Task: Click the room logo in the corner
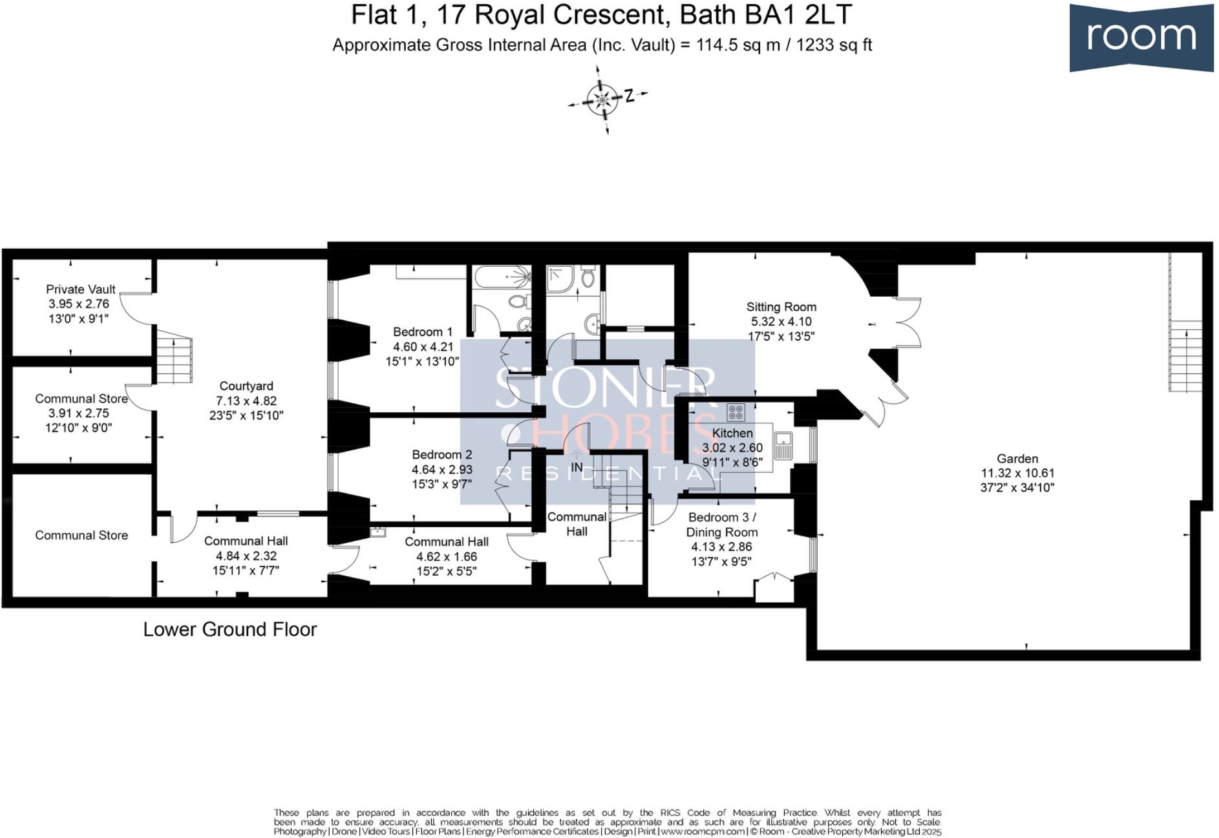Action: point(1141,37)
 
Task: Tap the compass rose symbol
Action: point(602,100)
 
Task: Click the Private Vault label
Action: point(81,289)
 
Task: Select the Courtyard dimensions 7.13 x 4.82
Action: point(246,401)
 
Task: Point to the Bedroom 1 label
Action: point(423,332)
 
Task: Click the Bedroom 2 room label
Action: point(441,455)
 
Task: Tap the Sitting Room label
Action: point(781,308)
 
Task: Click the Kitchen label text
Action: point(732,434)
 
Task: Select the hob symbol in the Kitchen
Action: point(736,412)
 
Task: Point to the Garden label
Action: point(1017,459)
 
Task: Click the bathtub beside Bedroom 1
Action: point(502,278)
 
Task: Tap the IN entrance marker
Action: point(577,467)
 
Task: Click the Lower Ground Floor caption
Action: point(229,629)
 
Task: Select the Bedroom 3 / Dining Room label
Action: point(721,525)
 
